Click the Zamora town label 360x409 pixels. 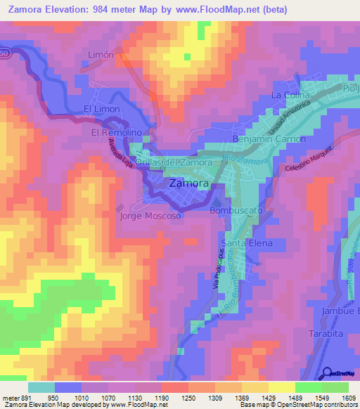[x=188, y=183]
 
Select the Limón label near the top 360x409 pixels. [x=100, y=54]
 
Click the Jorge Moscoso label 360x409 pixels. [x=150, y=216]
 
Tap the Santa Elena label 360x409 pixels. [x=243, y=243]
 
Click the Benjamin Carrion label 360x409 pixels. [x=273, y=139]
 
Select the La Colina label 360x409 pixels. [x=290, y=94]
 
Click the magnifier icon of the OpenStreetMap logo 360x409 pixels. [x=328, y=372]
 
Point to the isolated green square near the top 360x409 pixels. [x=187, y=54]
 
